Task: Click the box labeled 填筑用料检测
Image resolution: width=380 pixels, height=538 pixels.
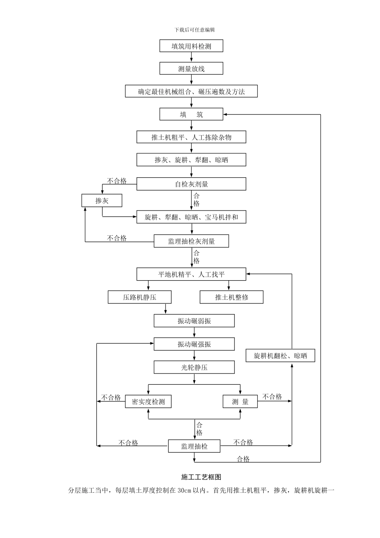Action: [191, 46]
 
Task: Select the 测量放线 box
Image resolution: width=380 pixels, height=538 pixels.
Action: [191, 69]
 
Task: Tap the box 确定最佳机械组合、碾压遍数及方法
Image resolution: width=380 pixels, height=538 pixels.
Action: [191, 92]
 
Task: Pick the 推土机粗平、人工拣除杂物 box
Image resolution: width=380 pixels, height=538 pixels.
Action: [191, 137]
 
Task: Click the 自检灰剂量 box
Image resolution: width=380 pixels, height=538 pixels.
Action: [191, 184]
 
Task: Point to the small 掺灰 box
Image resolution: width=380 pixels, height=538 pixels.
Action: [102, 201]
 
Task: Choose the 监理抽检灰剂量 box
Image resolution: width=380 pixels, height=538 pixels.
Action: [191, 241]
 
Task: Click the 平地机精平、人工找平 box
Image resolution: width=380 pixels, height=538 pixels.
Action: [191, 275]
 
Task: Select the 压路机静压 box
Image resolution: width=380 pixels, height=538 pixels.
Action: [140, 297]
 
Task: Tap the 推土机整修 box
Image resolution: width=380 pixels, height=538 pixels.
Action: [232, 297]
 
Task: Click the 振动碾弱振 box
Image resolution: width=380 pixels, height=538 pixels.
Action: [194, 321]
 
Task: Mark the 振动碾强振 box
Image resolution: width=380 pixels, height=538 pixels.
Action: [194, 344]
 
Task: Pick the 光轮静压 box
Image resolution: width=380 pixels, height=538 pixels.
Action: [194, 367]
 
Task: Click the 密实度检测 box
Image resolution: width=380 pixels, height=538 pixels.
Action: [148, 401]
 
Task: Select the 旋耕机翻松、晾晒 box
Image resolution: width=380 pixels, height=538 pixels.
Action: [280, 355]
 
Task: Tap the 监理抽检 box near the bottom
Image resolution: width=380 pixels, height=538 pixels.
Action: [194, 446]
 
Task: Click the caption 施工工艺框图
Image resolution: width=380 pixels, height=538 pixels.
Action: [201, 477]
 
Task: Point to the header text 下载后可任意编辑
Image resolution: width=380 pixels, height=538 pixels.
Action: [195, 30]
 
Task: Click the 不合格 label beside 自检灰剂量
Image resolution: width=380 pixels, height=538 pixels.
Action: [117, 181]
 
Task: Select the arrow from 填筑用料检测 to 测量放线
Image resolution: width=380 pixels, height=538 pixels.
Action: [191, 57]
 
